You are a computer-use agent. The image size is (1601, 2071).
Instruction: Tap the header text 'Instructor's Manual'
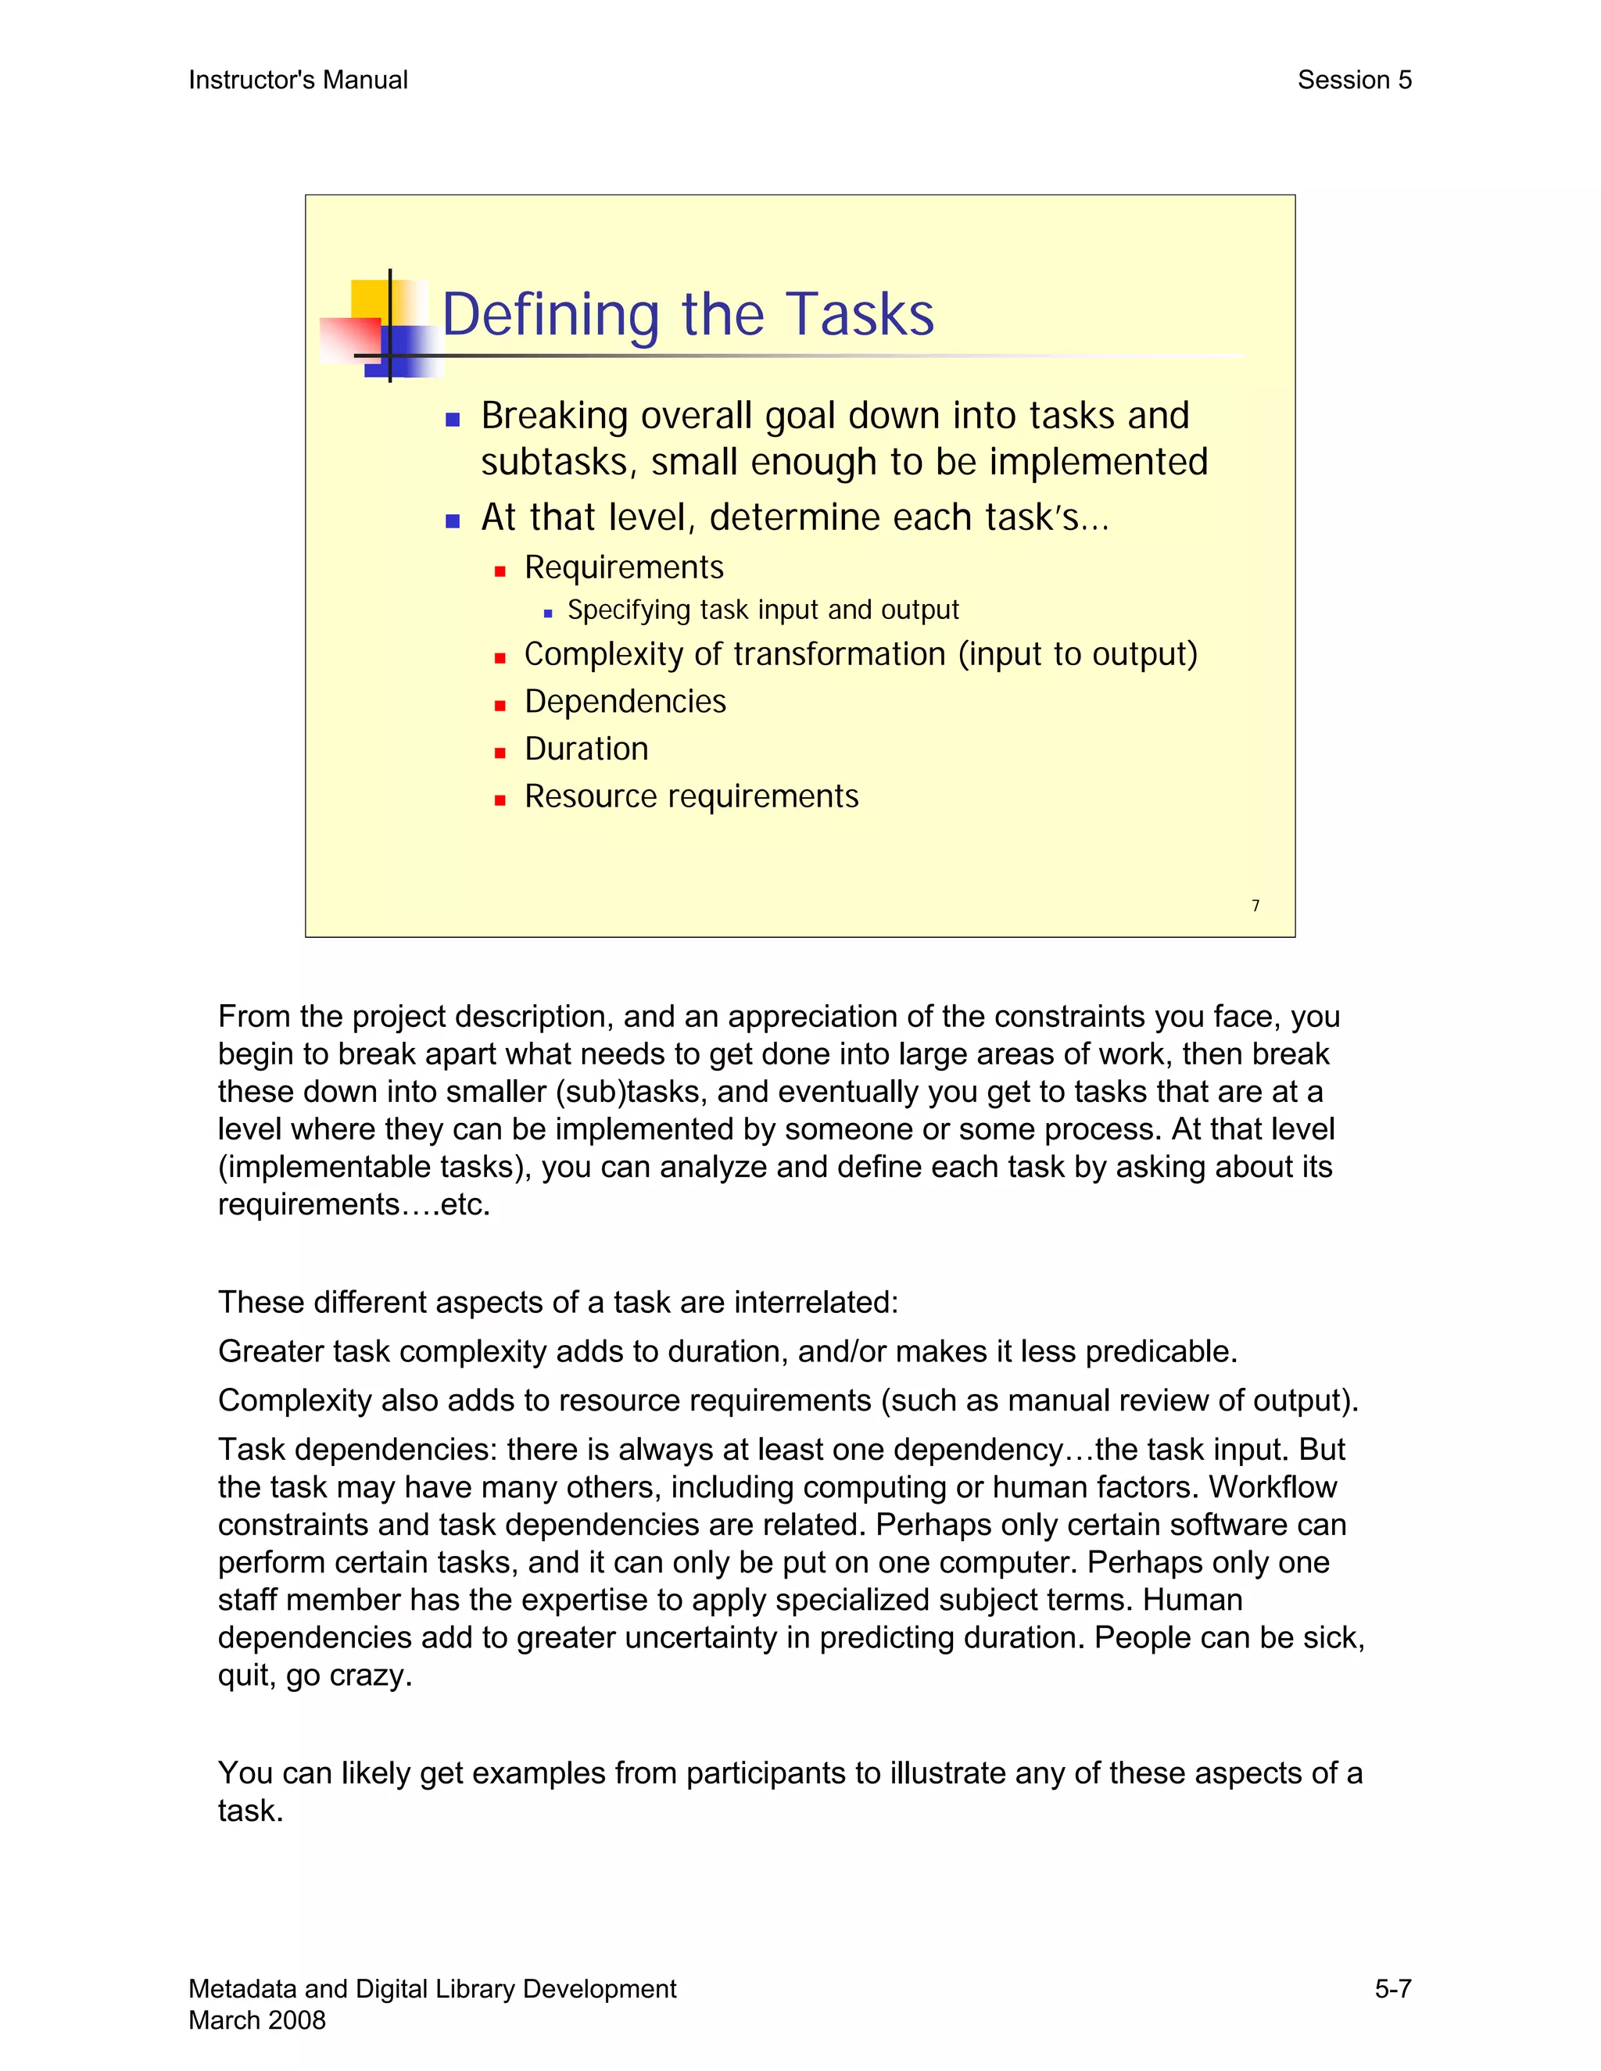(x=298, y=80)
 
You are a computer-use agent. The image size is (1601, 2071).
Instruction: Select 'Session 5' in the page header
(x=1353, y=80)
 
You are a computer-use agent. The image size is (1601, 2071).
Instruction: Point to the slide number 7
(x=1255, y=906)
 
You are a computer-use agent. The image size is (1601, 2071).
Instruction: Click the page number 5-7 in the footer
(x=1392, y=1988)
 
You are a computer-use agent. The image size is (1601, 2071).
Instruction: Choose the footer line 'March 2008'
(x=257, y=2019)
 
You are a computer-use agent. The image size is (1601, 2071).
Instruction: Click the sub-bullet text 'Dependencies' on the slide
(x=625, y=702)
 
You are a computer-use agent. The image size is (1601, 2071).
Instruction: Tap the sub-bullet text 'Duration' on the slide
(x=586, y=749)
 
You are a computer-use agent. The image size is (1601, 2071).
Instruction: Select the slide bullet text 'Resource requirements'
(x=691, y=796)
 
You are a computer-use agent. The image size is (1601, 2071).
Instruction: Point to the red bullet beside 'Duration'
(x=500, y=753)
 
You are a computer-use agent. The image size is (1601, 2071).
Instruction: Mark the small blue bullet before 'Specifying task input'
(x=548, y=613)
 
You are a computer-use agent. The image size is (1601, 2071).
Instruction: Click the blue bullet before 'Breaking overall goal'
(x=453, y=419)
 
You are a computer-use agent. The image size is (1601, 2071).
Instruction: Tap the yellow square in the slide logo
(x=368, y=299)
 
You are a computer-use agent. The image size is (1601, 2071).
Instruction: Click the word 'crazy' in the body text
(x=369, y=1676)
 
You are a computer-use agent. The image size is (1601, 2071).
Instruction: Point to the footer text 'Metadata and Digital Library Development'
(x=432, y=1988)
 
